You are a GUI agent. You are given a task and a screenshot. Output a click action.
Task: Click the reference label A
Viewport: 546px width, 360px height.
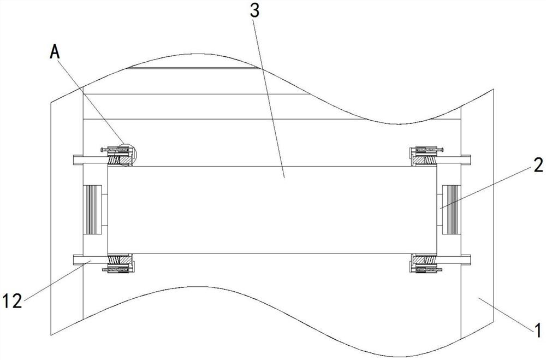coord(54,51)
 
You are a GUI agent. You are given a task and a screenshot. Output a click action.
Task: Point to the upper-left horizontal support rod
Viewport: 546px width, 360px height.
coord(90,160)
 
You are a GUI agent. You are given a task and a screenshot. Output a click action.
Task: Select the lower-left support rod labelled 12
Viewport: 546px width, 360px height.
coord(90,259)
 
